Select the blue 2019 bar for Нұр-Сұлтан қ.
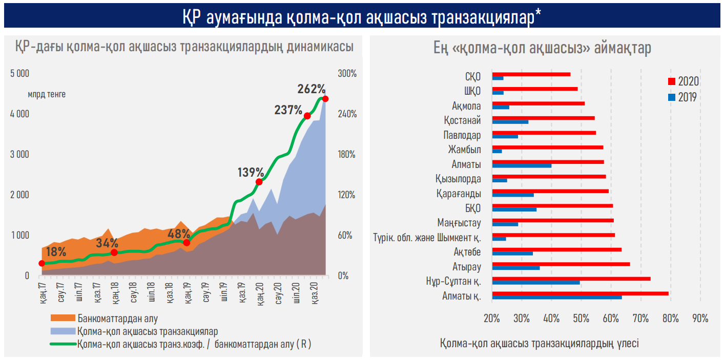(x=535, y=282)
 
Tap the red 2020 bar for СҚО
(x=531, y=74)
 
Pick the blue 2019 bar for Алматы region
(x=522, y=165)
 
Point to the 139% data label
(x=251, y=172)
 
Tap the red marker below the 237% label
(x=307, y=116)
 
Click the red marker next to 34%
(x=114, y=252)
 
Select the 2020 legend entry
(x=683, y=81)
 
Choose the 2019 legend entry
(x=683, y=97)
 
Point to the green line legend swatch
(x=63, y=344)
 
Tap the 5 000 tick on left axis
(x=20, y=73)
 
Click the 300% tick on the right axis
(x=347, y=73)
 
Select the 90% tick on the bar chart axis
(x=700, y=318)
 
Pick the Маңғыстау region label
(x=459, y=223)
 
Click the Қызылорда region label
(x=458, y=179)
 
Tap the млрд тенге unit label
(x=47, y=94)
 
